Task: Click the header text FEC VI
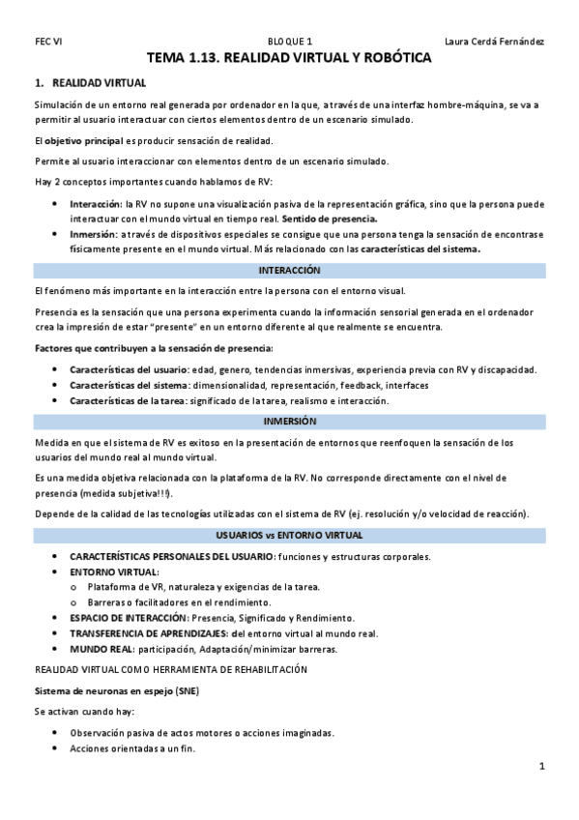tap(47, 42)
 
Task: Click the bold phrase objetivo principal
tap(80, 141)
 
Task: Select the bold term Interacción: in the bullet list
tap(96, 205)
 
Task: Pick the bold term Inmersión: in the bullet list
tap(93, 235)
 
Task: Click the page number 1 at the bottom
tap(542, 767)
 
